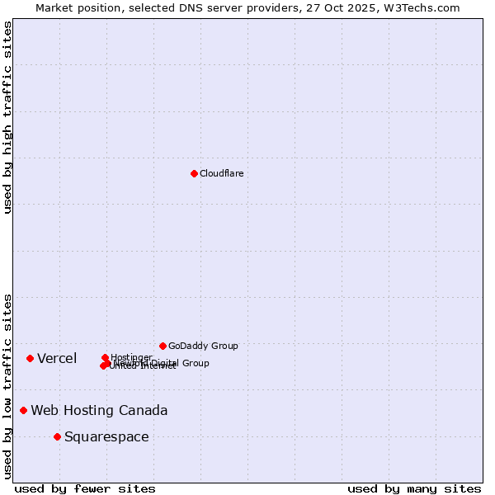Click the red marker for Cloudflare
[194, 173]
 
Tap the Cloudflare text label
[221, 173]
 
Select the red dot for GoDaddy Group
[163, 346]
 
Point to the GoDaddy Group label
[203, 346]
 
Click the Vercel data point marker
[30, 358]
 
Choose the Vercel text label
[57, 358]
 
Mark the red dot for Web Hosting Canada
[23, 410]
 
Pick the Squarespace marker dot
[57, 436]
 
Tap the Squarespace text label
[106, 437]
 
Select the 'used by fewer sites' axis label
[85, 488]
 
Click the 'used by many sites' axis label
[414, 488]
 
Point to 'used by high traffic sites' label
[8, 117]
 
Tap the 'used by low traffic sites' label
[8, 385]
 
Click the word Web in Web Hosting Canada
[45, 411]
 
